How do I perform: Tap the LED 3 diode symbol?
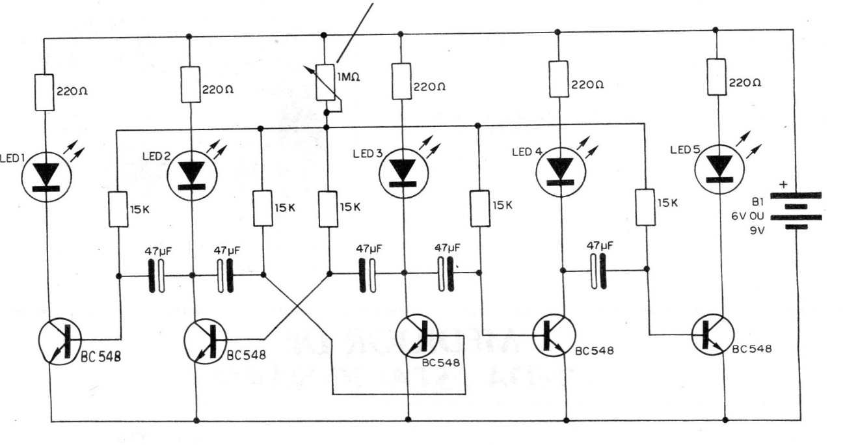(403, 173)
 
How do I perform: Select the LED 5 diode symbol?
(719, 169)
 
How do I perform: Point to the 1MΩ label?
(348, 77)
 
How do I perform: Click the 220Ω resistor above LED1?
(44, 92)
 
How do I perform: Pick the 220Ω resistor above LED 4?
(559, 79)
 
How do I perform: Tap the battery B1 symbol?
(796, 211)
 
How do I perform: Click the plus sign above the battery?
(783, 185)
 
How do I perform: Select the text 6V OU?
(747, 216)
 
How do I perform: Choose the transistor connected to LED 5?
(712, 335)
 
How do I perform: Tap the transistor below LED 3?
(417, 336)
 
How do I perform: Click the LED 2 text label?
(157, 156)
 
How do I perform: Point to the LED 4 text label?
(527, 152)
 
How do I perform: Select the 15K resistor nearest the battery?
(645, 208)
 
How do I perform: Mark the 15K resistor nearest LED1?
(118, 209)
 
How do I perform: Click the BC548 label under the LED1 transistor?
(101, 357)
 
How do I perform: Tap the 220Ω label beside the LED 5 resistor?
(745, 83)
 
